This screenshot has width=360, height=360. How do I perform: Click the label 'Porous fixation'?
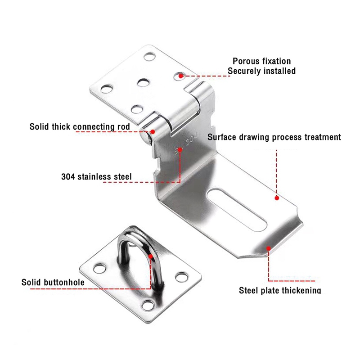(261, 61)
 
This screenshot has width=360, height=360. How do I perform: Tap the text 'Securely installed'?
(261, 71)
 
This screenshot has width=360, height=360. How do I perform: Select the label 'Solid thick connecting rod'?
(80, 127)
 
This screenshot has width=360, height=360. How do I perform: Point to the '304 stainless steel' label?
(96, 176)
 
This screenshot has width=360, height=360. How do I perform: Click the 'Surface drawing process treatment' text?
(274, 137)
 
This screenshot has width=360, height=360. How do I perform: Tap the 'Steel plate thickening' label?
(279, 290)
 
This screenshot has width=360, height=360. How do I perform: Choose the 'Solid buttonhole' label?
(53, 283)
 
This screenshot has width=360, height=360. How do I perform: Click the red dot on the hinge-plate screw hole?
(181, 76)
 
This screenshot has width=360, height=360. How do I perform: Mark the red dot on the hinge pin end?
(153, 131)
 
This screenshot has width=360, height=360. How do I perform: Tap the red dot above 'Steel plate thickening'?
(269, 247)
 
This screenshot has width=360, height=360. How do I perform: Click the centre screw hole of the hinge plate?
(143, 82)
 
